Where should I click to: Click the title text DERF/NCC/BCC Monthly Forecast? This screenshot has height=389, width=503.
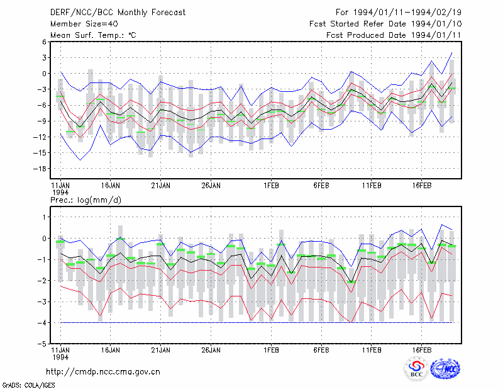point(118,13)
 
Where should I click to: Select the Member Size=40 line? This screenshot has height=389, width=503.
point(84,24)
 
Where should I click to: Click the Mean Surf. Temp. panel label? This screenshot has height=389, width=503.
point(93,35)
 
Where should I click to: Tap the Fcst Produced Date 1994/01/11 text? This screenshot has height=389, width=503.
point(394,35)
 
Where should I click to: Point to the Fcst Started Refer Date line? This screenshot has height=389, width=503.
point(385,24)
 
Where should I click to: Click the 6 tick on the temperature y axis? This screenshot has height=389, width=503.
point(44,42)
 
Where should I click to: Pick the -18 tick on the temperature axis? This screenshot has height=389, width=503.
point(40,169)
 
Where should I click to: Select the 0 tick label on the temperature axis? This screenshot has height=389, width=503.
point(44,74)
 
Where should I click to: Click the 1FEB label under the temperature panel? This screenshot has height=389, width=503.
point(271,186)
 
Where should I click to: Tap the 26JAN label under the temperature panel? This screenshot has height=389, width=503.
point(211,186)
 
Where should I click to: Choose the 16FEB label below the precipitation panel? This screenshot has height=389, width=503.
point(421,350)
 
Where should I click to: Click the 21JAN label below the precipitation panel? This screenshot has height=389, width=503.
point(161,350)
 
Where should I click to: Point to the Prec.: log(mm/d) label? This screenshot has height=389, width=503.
point(86,200)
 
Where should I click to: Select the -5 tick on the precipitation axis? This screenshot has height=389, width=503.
point(42,344)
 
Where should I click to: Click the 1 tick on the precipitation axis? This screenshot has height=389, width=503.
point(44,217)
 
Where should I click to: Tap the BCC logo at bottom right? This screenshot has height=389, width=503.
point(416,369)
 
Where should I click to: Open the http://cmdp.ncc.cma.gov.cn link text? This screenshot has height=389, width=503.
point(103,372)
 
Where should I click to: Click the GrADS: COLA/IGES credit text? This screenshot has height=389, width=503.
point(29,385)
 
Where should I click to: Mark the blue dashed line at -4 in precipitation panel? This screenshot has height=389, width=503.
point(257,322)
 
